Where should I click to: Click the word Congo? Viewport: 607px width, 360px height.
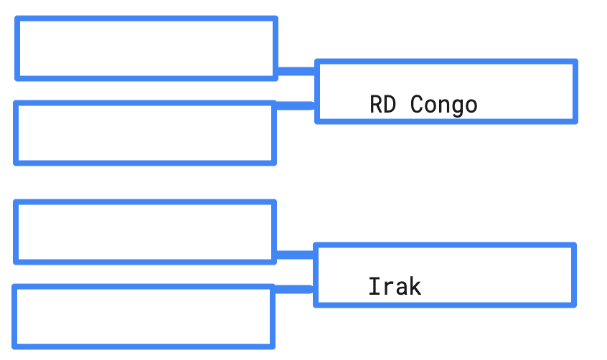443,105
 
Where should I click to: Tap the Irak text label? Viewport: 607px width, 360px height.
395,287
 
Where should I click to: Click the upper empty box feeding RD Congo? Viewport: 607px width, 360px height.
146,48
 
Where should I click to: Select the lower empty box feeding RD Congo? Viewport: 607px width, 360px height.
145,133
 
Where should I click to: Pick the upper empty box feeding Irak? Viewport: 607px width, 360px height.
145,232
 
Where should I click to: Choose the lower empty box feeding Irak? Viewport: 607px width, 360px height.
143,316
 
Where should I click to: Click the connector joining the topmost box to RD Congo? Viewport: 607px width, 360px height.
296,70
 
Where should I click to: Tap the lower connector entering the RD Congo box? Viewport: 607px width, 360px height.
295,105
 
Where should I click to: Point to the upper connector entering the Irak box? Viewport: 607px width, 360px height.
295,254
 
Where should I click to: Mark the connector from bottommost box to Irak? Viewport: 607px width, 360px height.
293,289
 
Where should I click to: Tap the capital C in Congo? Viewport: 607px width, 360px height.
417,105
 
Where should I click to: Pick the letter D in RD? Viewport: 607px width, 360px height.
390,105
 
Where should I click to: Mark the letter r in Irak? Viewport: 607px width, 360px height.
388,288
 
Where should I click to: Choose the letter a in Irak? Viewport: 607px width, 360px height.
401,288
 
